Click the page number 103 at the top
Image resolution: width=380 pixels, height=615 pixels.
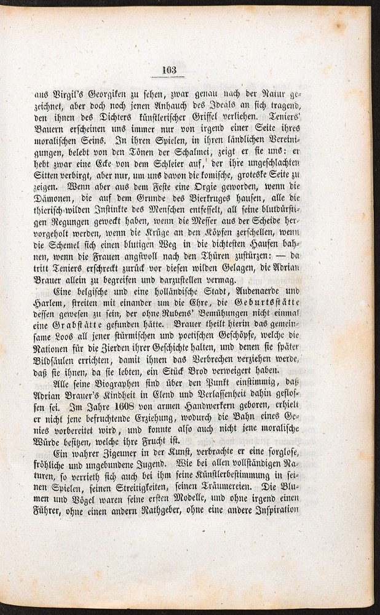coord(169,69)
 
